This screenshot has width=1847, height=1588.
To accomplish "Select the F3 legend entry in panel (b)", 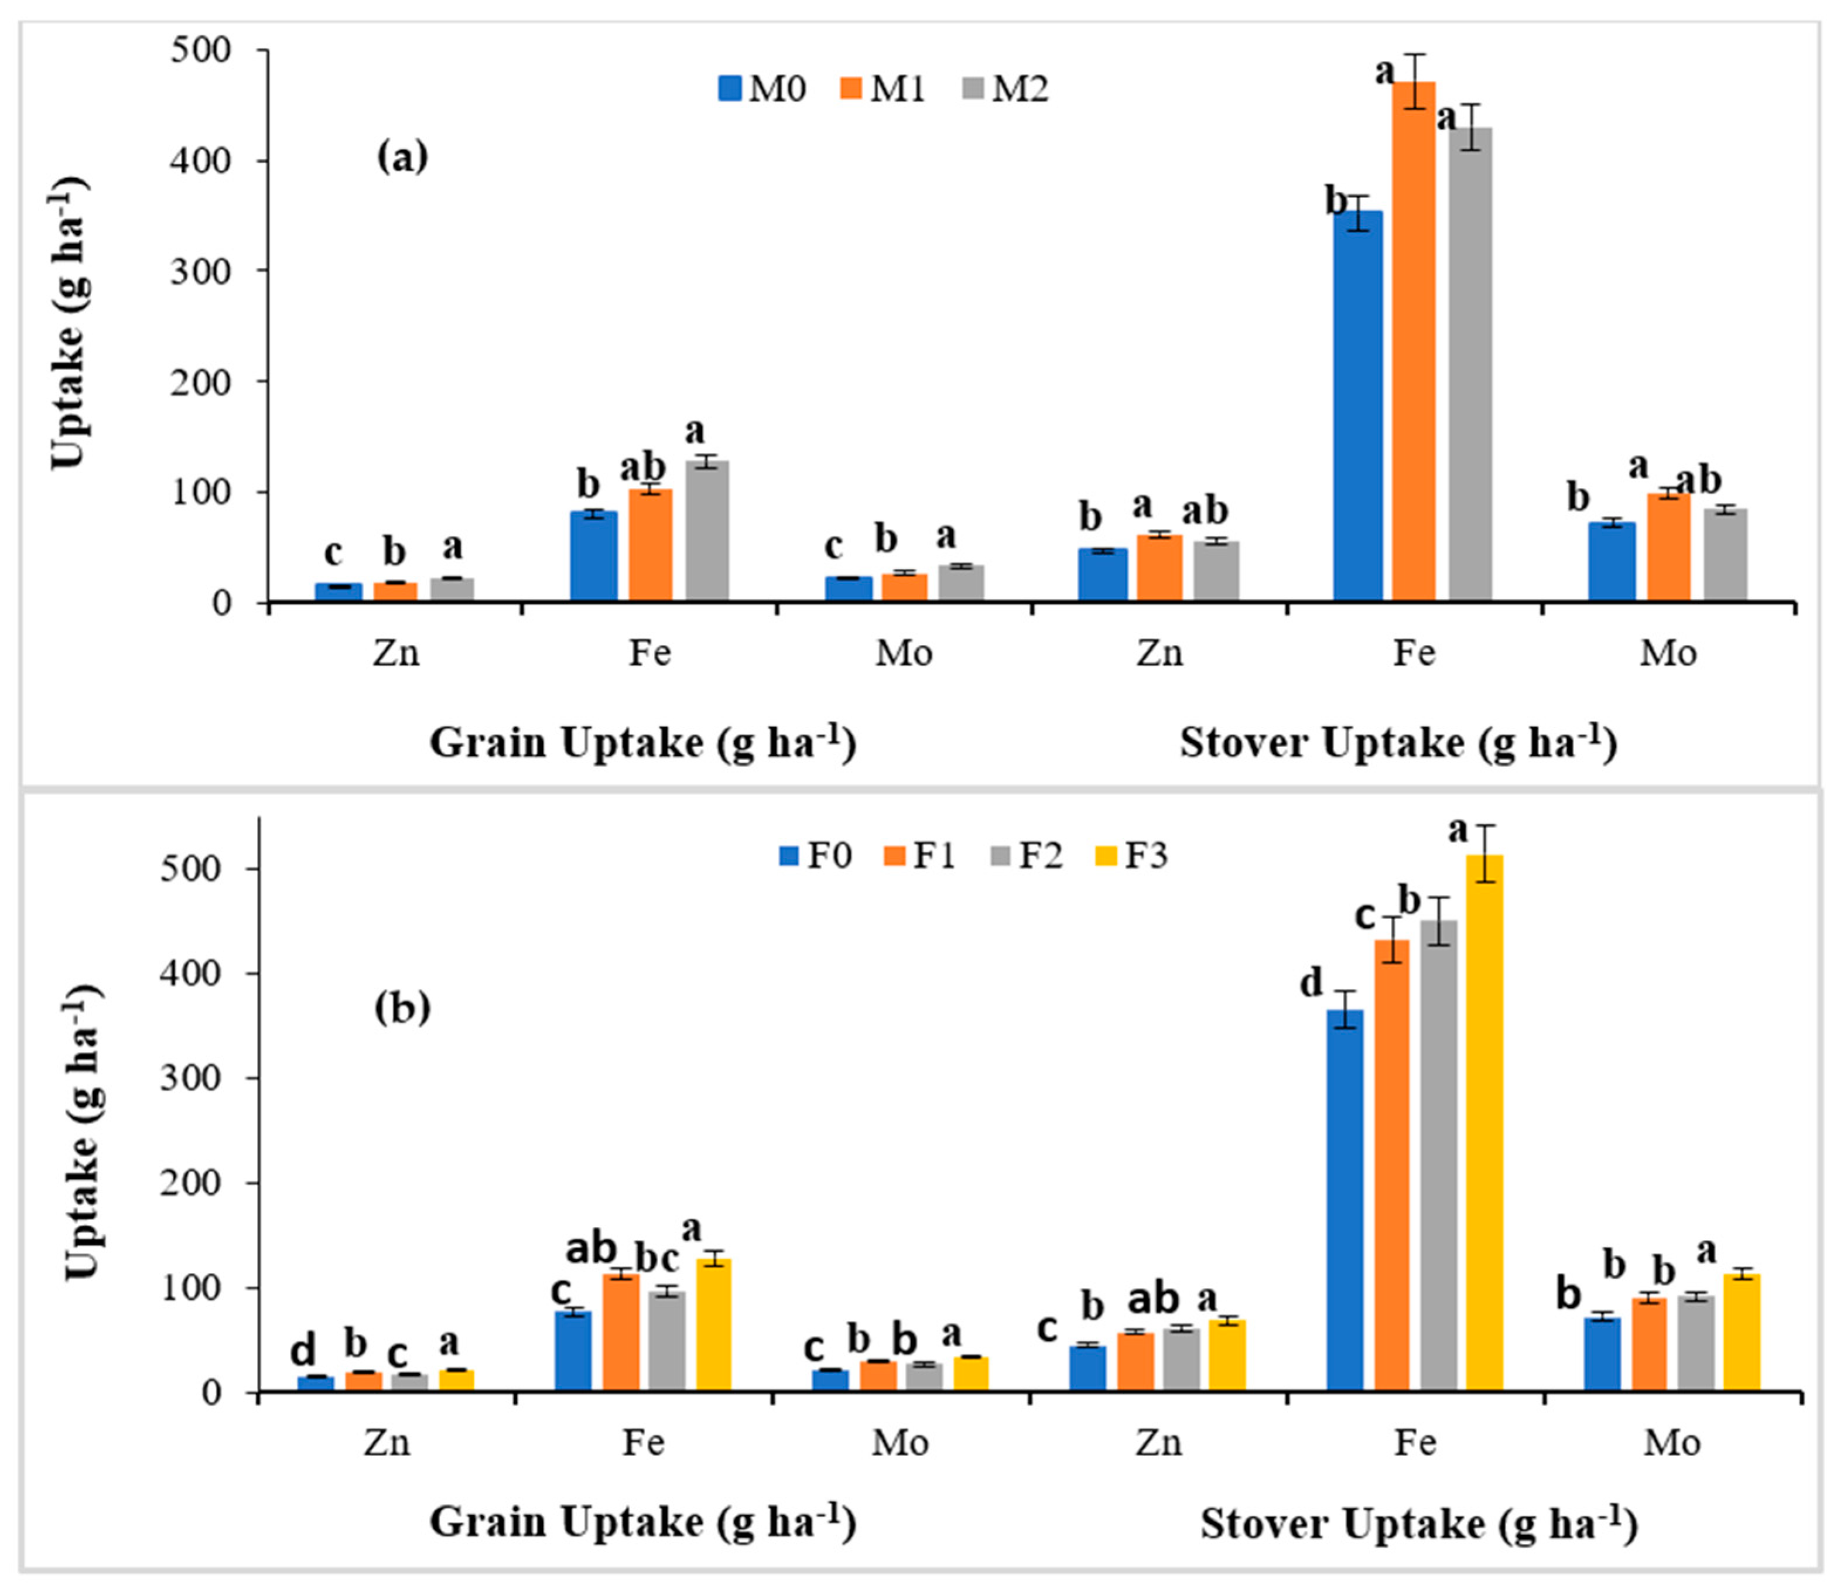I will (1130, 855).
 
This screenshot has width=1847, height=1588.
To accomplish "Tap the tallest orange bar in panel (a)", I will (1414, 339).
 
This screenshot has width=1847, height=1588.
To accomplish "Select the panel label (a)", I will (402, 157).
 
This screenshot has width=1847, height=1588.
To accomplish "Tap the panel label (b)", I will (402, 1009).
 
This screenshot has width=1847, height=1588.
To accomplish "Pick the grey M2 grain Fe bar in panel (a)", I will (707, 531).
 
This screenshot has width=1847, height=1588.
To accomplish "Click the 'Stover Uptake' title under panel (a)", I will (1398, 742).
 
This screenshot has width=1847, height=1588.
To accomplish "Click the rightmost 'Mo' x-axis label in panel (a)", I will (1668, 654).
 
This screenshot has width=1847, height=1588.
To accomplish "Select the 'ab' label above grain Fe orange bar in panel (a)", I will (643, 466).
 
